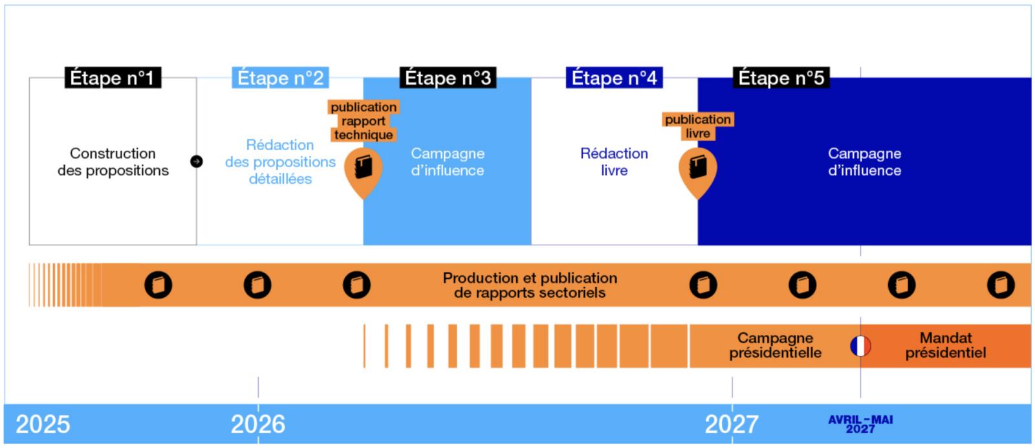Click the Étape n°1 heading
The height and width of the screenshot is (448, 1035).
tap(112, 78)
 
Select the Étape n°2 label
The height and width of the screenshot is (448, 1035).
tap(280, 78)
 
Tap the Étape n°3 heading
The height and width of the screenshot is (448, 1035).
tap(448, 78)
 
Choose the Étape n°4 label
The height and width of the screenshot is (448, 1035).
tap(614, 78)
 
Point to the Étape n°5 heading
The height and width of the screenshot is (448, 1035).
tap(781, 78)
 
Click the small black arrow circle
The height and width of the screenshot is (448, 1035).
tap(197, 161)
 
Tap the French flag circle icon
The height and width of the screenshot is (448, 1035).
tap(860, 346)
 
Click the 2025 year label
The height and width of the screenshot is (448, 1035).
tap(43, 425)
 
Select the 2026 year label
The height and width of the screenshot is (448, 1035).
tap(257, 425)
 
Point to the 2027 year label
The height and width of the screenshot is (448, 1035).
tap(732, 425)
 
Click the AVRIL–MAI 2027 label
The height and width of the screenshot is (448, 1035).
tap(860, 424)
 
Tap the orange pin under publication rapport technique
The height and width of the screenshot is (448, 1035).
tap(363, 170)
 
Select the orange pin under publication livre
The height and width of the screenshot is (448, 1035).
tap(697, 170)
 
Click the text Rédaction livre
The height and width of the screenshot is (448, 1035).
tap(614, 162)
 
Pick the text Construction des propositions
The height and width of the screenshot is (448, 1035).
tap(113, 162)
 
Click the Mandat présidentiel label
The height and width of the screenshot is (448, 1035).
tap(945, 346)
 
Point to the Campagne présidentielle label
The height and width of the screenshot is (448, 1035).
tap(775, 346)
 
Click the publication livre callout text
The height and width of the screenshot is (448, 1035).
tap(697, 126)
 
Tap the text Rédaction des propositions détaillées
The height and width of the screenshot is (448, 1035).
tap(280, 162)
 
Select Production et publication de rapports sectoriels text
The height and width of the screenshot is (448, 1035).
tap(530, 286)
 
